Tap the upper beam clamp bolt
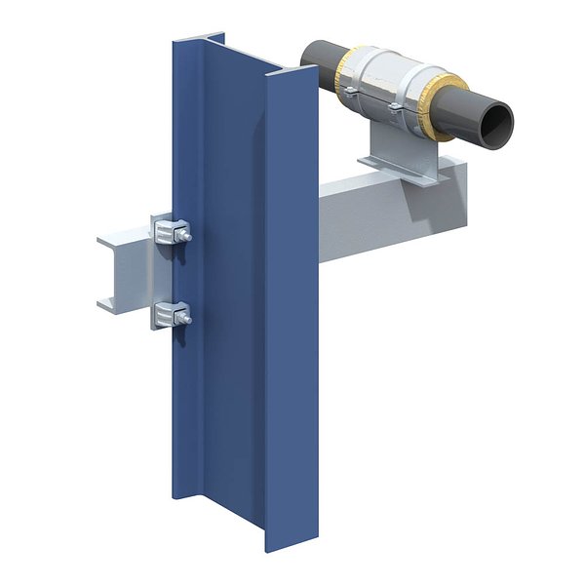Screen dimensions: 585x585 pyautogui.click(x=184, y=235)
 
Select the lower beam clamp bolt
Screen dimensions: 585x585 pyautogui.click(x=184, y=317)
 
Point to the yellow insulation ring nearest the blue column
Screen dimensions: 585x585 pyautogui.click(x=346, y=74)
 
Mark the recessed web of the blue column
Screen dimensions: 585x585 pyautogui.click(x=234, y=292)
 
